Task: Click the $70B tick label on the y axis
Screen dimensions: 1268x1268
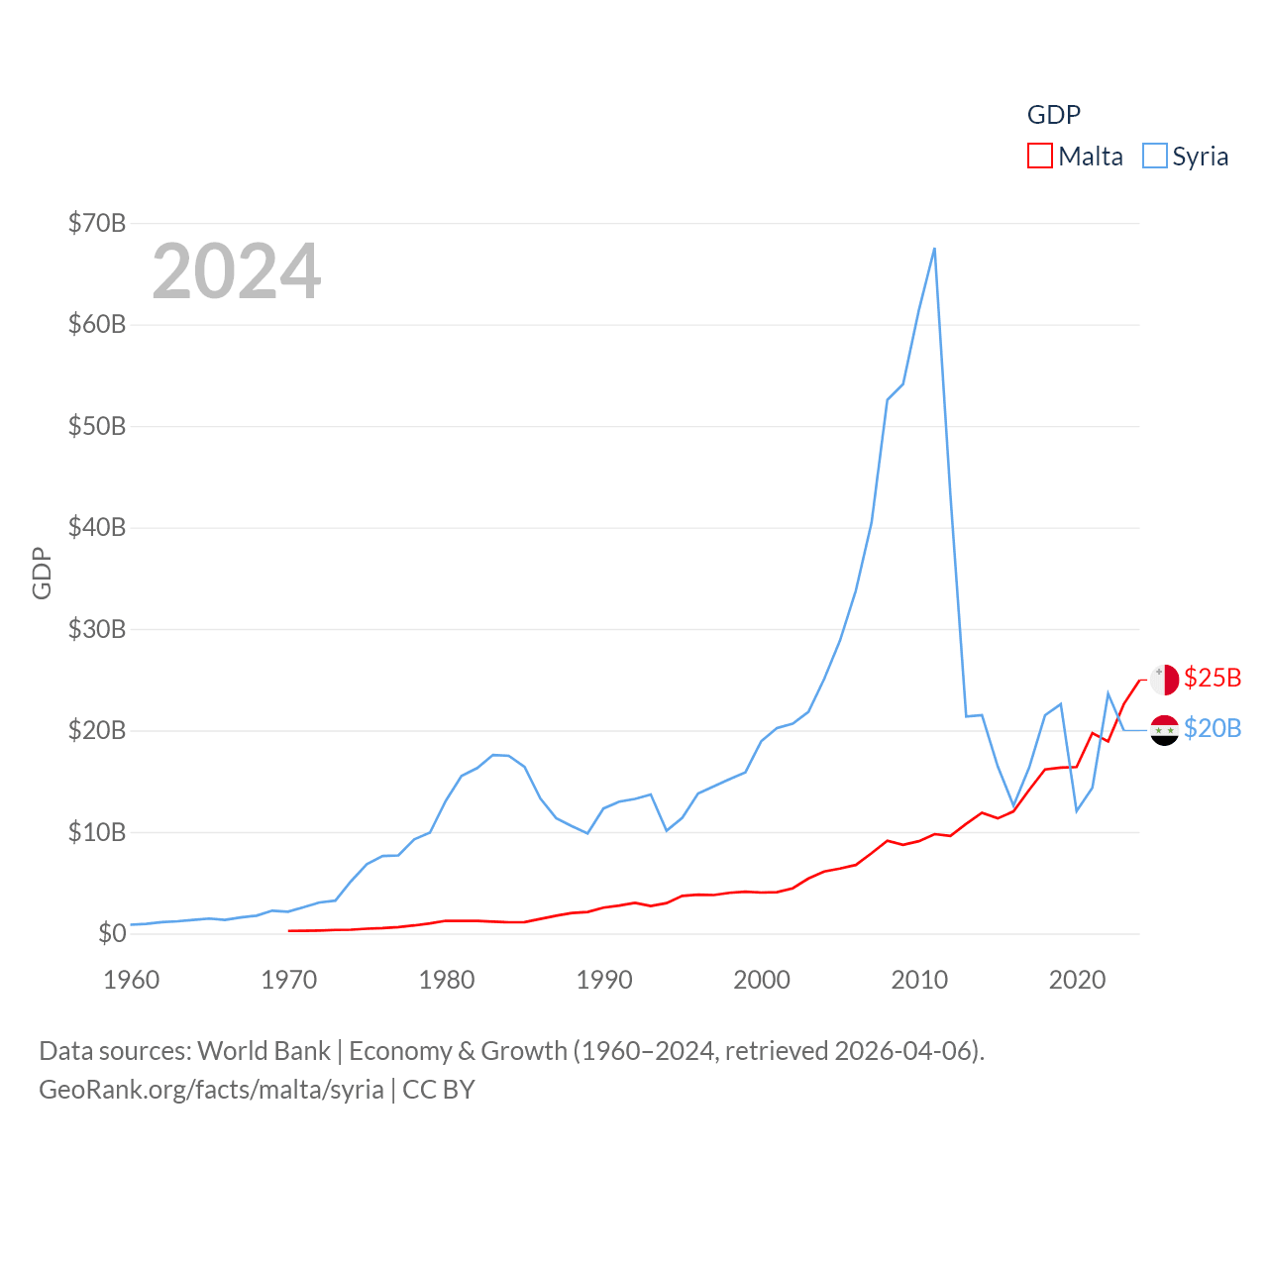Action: click(97, 223)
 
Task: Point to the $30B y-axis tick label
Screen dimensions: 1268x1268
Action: click(97, 629)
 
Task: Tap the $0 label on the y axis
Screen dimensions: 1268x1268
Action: click(112, 933)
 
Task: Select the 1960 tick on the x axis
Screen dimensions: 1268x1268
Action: click(132, 980)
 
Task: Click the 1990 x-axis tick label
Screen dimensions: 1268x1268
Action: click(604, 980)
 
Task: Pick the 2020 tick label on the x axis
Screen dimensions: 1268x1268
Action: click(1077, 980)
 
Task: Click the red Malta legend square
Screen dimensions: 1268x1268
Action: click(1040, 157)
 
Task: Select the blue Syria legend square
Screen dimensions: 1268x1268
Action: click(1155, 157)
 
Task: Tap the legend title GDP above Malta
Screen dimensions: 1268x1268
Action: click(1054, 115)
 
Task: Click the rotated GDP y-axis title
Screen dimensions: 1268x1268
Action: click(42, 573)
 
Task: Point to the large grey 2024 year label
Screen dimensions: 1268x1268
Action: click(237, 271)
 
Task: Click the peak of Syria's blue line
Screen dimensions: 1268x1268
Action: click(934, 249)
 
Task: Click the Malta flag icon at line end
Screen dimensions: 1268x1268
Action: click(1165, 680)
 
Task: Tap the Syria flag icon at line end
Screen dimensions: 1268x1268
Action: click(1165, 730)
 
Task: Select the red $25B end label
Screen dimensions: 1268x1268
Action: click(1213, 678)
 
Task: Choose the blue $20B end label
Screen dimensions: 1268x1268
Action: click(1213, 728)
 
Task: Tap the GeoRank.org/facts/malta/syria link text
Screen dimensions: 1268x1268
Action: click(211, 1090)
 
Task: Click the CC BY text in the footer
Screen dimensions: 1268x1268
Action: click(439, 1090)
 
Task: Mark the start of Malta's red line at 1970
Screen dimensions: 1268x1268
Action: click(289, 930)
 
